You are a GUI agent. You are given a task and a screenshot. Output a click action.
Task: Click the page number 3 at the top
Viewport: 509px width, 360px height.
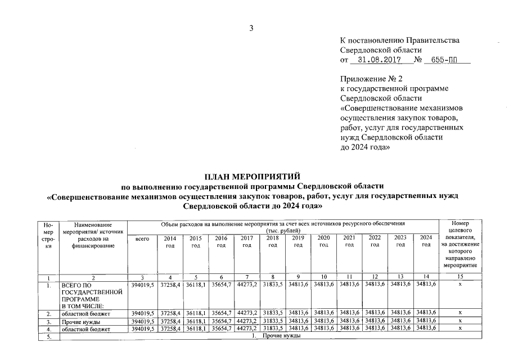coord(252,28)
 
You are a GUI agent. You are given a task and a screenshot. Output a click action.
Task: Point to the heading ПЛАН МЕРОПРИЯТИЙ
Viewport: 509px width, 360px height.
coord(254,177)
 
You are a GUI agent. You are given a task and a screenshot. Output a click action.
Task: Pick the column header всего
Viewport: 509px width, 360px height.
coord(142,238)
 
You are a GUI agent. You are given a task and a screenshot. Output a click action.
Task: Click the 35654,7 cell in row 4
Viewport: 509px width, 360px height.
coord(221,328)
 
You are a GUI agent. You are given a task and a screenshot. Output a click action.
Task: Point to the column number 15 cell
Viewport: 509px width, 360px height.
coord(460,277)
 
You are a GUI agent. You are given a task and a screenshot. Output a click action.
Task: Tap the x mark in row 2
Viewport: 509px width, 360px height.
coord(460,313)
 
